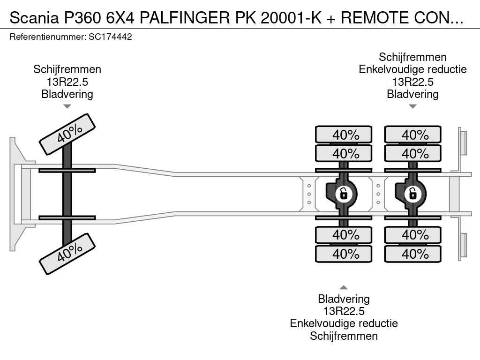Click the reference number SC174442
click(110, 37)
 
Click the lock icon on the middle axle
click(344, 193)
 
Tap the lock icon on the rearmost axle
click(412, 193)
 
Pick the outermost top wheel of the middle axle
click(344, 135)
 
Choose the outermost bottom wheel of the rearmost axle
click(412, 254)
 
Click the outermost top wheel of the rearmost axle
click(412, 135)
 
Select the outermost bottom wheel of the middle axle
click(344, 254)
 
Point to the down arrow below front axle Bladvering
click(67, 106)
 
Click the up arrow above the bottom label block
click(344, 287)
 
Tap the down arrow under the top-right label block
click(412, 106)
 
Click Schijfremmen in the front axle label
click(67, 69)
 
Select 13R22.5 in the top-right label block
click(412, 82)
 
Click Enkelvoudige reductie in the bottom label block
click(344, 323)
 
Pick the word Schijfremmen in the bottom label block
click(344, 336)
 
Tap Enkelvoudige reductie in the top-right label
click(412, 69)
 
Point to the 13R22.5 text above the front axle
click(67, 82)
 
